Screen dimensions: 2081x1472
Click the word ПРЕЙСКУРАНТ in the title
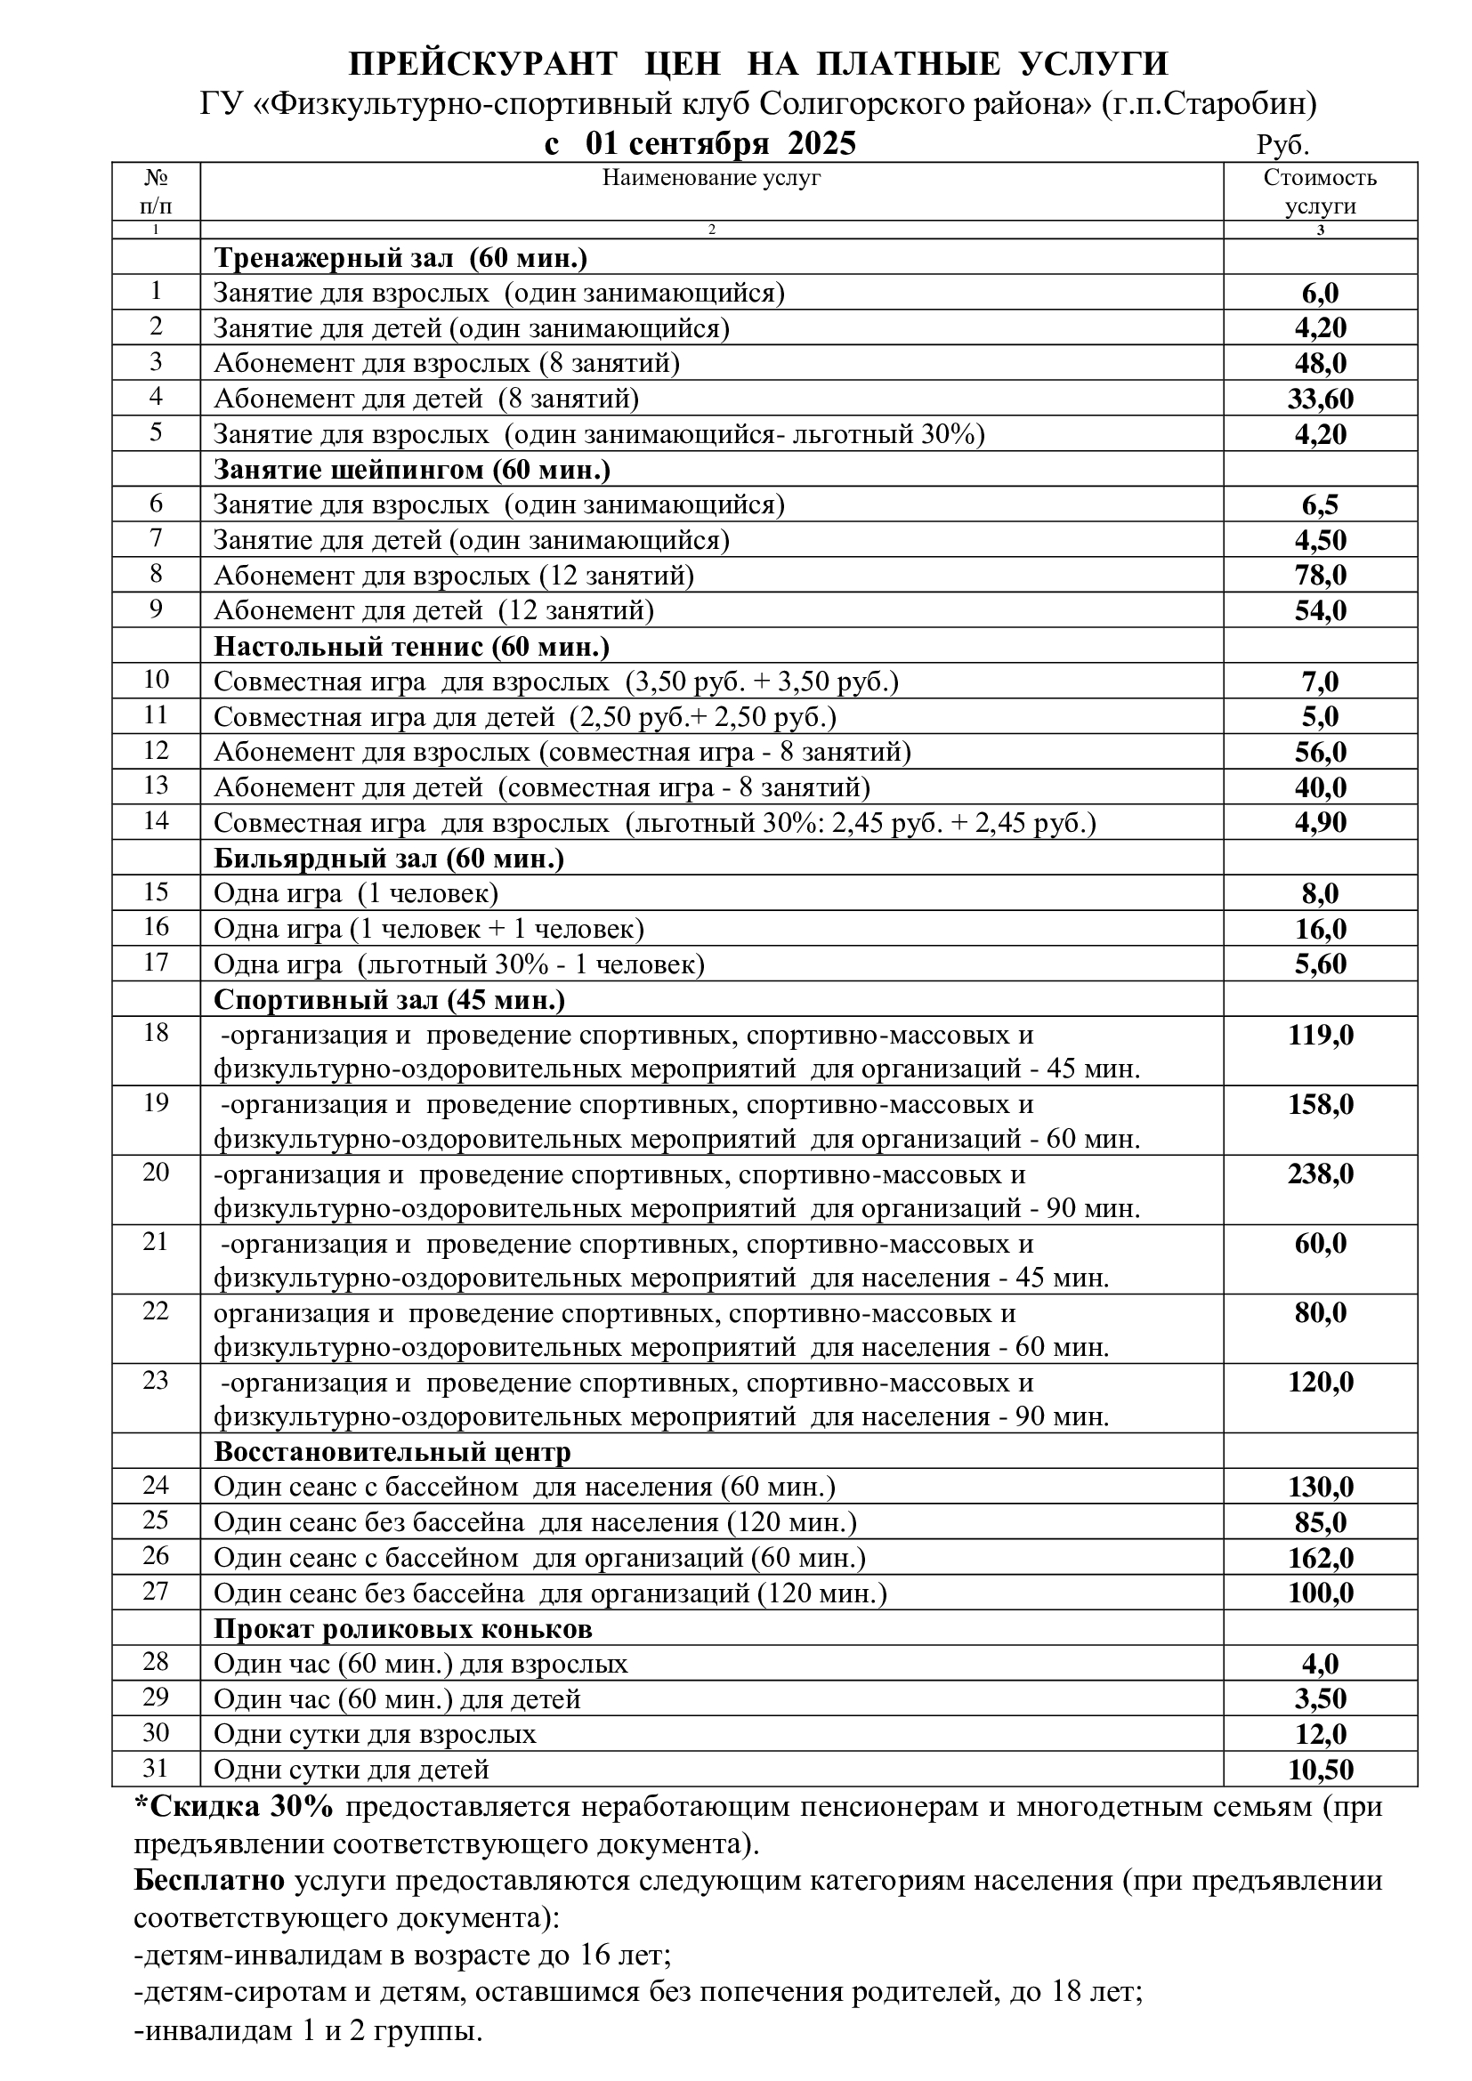tap(483, 64)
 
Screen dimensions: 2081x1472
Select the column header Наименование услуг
tap(712, 178)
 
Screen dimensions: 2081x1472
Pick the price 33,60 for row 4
tap(1320, 399)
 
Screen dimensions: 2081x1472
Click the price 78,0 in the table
tap(1320, 576)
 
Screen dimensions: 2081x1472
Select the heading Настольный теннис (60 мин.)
tap(411, 646)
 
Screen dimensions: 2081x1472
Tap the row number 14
tap(156, 821)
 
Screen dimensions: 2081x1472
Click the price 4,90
tap(1320, 823)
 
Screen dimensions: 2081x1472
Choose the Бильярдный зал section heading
tap(389, 858)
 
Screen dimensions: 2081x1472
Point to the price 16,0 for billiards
tap(1320, 929)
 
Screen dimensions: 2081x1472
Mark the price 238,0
tap(1320, 1174)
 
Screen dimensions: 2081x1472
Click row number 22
tap(156, 1311)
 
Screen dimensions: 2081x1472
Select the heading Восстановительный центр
tap(392, 1452)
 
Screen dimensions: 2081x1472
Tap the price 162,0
tap(1320, 1558)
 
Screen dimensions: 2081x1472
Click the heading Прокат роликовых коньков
tap(402, 1629)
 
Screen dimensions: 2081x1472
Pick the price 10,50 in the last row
tap(1320, 1770)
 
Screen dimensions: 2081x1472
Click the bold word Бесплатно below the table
tap(209, 1881)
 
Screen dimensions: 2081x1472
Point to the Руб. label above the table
tap(1282, 146)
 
